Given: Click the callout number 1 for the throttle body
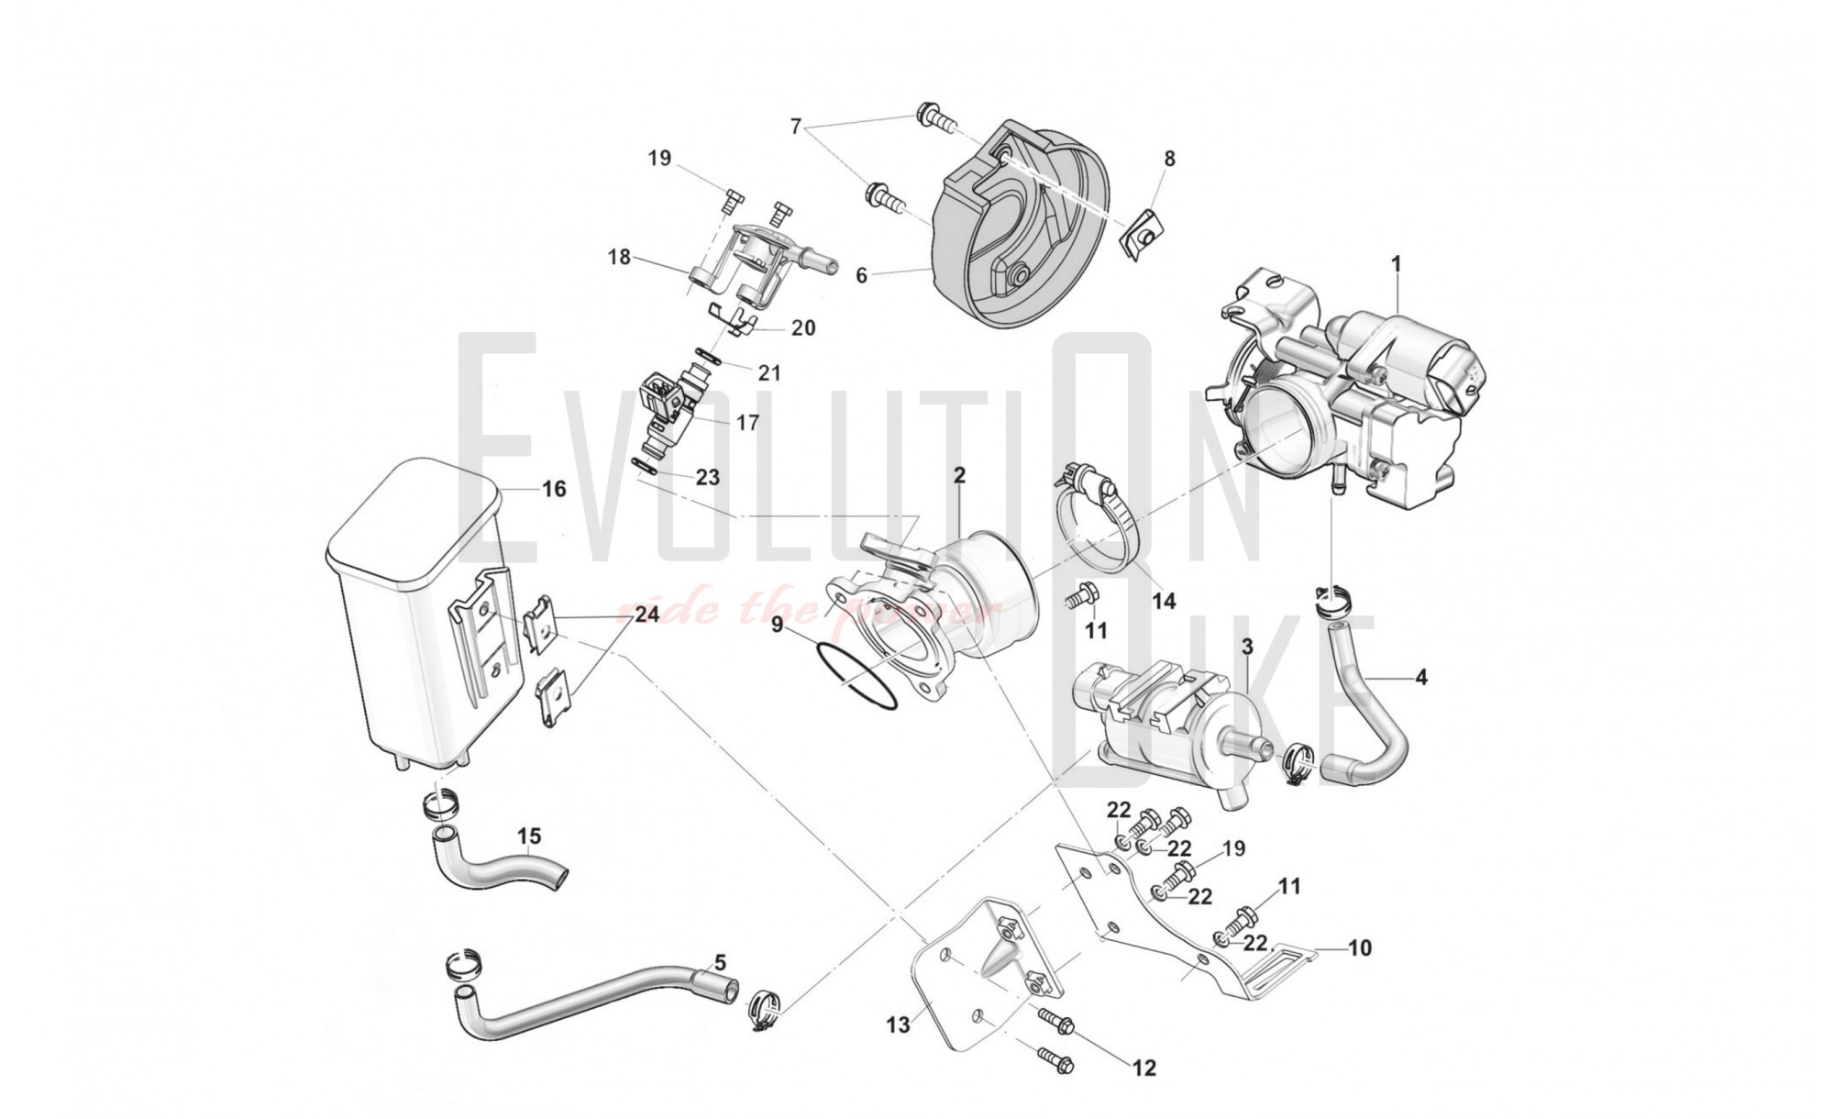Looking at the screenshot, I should [1396, 265].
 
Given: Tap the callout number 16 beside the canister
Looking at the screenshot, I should [554, 489].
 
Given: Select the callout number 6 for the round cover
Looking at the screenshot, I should [861, 275].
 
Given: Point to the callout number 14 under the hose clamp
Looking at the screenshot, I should [1164, 601].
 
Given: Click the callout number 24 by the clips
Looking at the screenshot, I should [646, 614].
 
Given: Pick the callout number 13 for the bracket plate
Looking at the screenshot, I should [898, 1024].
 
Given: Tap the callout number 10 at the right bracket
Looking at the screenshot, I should [1360, 947].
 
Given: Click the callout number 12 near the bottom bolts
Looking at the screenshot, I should [1144, 1068].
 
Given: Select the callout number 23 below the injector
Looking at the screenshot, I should [707, 477].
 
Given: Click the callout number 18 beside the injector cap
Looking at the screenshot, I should [620, 257].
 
